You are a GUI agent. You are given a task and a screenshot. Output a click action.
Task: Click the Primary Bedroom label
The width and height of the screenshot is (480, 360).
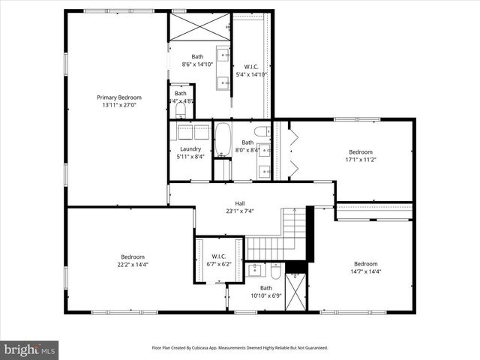[118, 97]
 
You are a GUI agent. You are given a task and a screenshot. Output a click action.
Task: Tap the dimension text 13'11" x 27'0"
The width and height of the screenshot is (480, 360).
[118, 106]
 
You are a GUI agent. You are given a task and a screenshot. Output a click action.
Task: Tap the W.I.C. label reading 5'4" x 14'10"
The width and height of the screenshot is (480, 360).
[250, 66]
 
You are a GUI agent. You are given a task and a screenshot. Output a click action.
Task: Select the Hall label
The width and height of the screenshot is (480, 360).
[240, 203]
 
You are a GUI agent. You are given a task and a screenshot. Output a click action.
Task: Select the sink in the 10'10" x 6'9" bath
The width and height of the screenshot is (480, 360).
[255, 269]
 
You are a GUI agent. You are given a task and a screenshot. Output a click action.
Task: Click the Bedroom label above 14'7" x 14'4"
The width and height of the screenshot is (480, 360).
[365, 263]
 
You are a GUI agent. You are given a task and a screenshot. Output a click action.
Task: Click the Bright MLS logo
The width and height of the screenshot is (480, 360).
[29, 349]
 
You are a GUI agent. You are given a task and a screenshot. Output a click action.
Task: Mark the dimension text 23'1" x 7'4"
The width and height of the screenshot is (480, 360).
[240, 211]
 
